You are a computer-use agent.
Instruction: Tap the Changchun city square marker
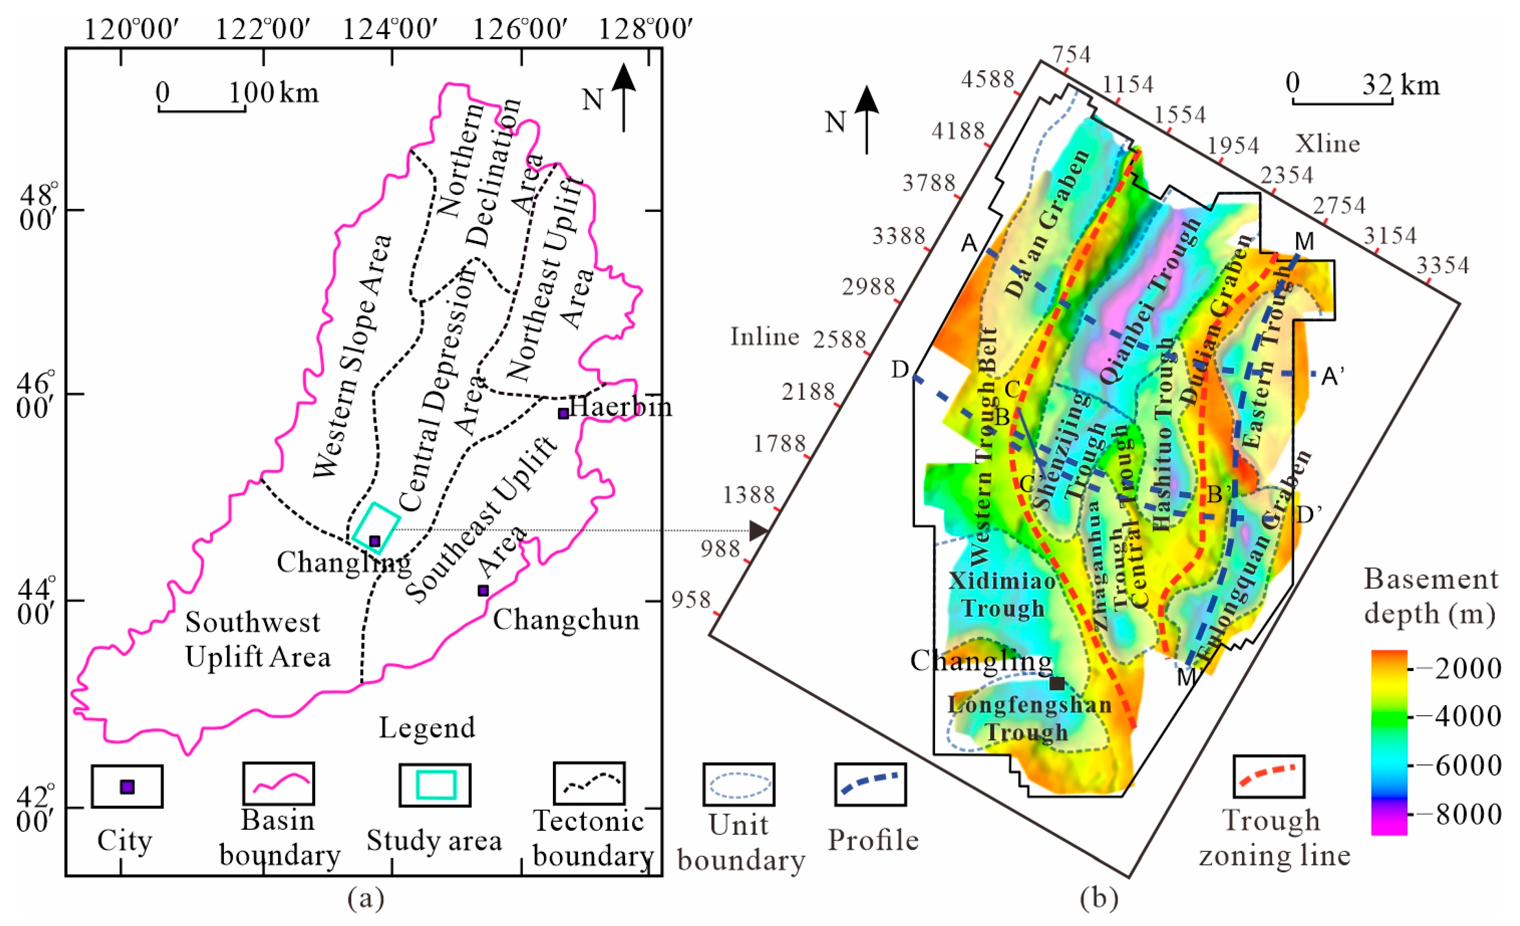pos(483,590)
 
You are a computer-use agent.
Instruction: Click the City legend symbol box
pos(127,786)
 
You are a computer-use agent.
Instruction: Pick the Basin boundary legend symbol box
pos(278,784)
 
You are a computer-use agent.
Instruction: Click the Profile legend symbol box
pos(870,784)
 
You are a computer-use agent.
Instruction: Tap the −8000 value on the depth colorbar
pos(1468,814)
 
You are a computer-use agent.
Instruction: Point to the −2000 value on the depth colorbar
pos(1468,668)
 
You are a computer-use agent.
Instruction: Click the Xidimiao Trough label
pos(1002,594)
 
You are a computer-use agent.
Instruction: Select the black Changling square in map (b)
pos(1057,683)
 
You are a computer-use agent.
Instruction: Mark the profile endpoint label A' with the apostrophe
pos(1333,376)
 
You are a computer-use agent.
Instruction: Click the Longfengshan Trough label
pos(1029,718)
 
